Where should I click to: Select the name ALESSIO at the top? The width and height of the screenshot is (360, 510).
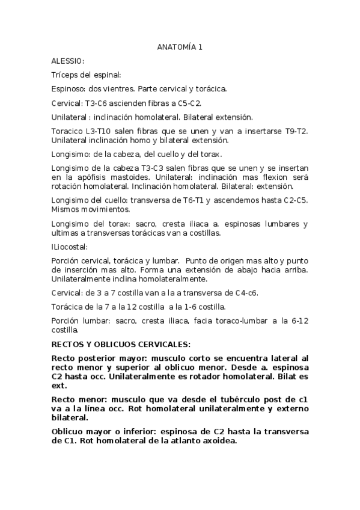(67, 61)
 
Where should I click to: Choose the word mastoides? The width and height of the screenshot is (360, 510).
(129, 179)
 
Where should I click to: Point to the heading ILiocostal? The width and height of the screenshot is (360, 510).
(70, 247)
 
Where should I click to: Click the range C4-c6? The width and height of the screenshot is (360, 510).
(250, 293)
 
